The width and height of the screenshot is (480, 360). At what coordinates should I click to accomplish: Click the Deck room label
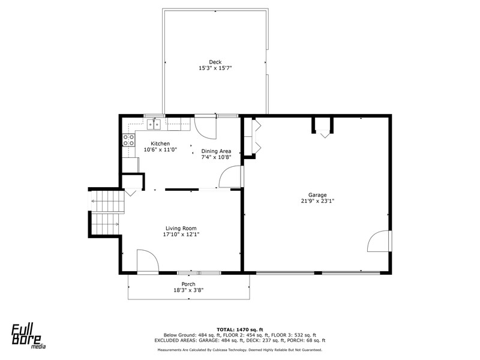coord(215,62)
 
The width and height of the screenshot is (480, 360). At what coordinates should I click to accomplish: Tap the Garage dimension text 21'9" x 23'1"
coord(317,201)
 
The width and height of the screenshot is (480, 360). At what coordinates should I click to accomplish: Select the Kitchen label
coord(160,143)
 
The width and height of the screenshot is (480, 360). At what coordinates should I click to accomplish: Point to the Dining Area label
coord(216,151)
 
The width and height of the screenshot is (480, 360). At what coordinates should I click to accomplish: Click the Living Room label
coord(181,228)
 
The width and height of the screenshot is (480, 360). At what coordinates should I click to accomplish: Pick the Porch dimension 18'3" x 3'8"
coord(188,290)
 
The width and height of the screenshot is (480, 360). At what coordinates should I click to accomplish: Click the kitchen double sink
coord(154,124)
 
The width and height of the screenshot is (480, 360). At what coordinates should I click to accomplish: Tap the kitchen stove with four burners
coord(128,140)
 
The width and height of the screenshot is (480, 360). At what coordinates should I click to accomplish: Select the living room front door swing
coord(148,260)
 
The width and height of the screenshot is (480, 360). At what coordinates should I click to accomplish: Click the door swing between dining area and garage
coord(230,176)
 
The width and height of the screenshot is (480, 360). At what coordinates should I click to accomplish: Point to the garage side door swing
coord(379,241)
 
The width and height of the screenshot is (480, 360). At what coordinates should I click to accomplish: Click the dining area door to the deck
coord(206,128)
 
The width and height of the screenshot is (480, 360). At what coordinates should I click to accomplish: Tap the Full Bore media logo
coord(28,337)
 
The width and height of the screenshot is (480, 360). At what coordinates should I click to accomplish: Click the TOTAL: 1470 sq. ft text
coord(240,329)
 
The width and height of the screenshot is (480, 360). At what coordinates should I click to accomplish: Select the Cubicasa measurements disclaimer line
coord(240,350)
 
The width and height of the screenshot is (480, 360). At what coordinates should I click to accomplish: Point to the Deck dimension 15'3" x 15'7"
coord(215,68)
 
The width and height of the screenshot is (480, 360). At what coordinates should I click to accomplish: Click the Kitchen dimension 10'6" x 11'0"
coord(160,149)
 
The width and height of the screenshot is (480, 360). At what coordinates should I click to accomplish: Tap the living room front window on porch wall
coord(199,272)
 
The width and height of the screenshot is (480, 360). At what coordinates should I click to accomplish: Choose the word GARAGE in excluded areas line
coord(209,340)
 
